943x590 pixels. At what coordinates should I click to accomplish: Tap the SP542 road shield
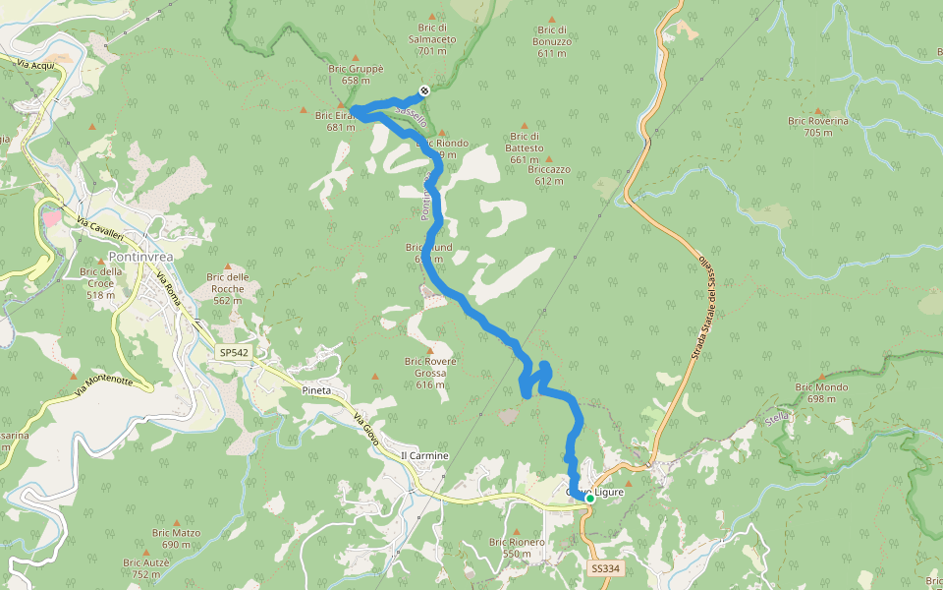coord(234,352)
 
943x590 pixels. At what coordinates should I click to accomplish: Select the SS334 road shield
coord(606,569)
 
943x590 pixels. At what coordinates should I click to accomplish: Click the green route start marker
coord(589,499)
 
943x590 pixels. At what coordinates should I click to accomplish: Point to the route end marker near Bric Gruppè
coord(424,90)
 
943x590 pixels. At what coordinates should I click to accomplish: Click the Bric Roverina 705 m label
coord(817,127)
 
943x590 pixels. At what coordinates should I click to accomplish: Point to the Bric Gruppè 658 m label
coord(356,75)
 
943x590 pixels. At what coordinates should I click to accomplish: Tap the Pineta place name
coord(316,390)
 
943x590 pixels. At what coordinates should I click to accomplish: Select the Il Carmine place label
coord(424,456)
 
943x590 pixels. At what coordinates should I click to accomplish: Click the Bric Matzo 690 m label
coord(176,538)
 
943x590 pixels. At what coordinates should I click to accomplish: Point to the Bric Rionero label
coord(517,547)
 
